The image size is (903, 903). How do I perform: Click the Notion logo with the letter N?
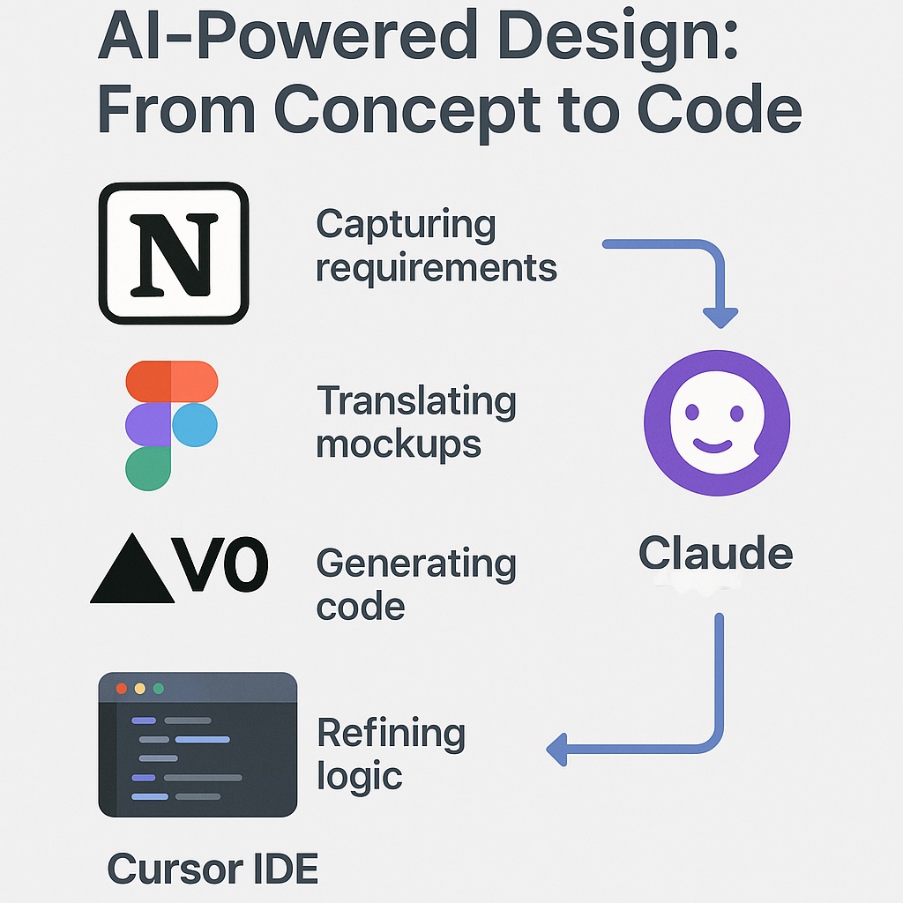pyautogui.click(x=174, y=253)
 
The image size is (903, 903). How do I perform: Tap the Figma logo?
pyautogui.click(x=171, y=425)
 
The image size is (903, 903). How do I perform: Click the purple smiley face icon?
pyautogui.click(x=716, y=423)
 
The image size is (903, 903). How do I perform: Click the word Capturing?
pyautogui.click(x=406, y=225)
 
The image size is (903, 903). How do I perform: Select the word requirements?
pyautogui.click(x=437, y=267)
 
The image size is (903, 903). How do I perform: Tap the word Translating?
pyautogui.click(x=416, y=401)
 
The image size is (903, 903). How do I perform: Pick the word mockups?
pyautogui.click(x=399, y=444)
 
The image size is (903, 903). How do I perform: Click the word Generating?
pyautogui.click(x=416, y=563)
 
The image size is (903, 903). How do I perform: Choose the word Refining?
pyautogui.click(x=391, y=734)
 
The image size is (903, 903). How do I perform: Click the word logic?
pyautogui.click(x=359, y=776)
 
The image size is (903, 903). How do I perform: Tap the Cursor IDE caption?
pyautogui.click(x=213, y=869)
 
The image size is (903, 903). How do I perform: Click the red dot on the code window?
pyautogui.click(x=121, y=688)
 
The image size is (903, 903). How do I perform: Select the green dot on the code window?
pyautogui.click(x=159, y=688)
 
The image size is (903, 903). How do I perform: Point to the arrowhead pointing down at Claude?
pyautogui.click(x=720, y=317)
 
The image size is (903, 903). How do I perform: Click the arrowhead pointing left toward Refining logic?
pyautogui.click(x=556, y=751)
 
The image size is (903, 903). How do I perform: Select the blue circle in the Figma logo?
pyautogui.click(x=195, y=425)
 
